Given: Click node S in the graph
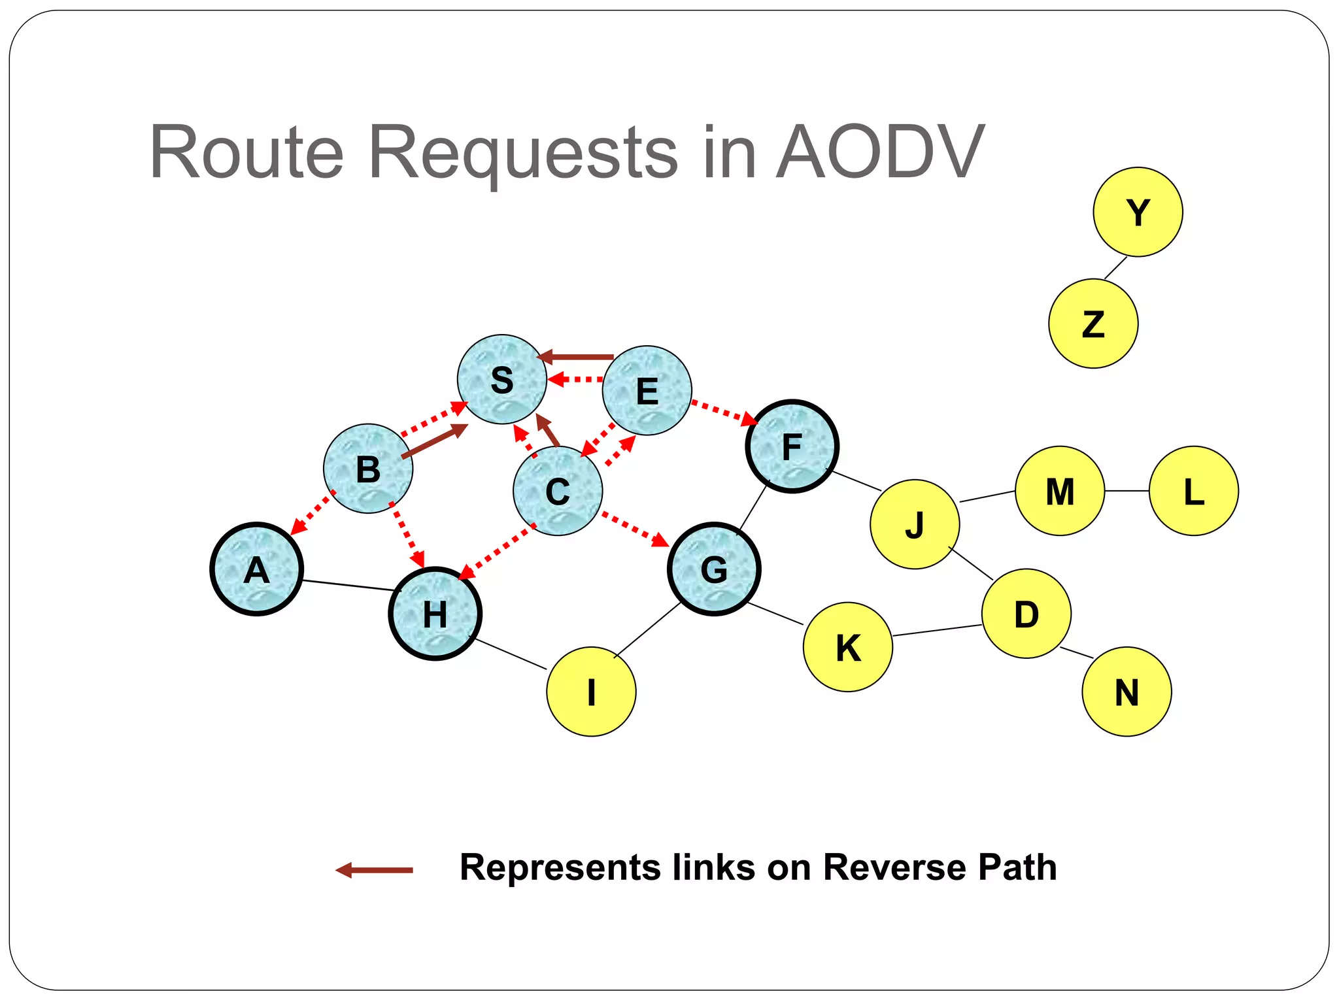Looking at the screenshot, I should tap(501, 379).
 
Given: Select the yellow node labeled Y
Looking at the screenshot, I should tap(1138, 212).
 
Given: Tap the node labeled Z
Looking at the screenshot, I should tap(1093, 324).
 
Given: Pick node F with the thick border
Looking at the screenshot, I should tap(792, 446).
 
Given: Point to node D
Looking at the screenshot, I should tap(1026, 613).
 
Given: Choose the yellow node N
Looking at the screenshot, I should tap(1127, 692).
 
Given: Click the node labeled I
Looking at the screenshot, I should tap(591, 692).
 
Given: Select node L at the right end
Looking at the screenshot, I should tap(1193, 491).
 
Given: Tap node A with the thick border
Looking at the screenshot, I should tap(256, 569).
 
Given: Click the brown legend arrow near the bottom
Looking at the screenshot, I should tap(374, 870).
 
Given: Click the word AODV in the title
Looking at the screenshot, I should tap(879, 152).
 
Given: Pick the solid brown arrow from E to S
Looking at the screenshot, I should tap(575, 357).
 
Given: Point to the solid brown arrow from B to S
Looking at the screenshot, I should tap(434, 441).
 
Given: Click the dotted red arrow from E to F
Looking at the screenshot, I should tap(723, 412).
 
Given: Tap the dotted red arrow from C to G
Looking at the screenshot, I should tap(635, 529).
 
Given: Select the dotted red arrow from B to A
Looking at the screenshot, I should tap(312, 513).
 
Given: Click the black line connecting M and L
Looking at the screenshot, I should tap(1127, 491).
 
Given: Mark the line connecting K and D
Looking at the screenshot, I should tap(936, 630).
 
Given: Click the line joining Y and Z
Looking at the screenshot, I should tap(1115, 268).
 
